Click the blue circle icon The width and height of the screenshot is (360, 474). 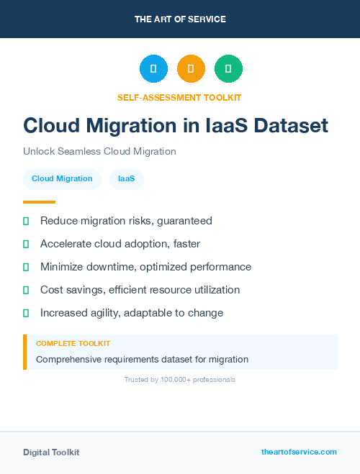[153, 69]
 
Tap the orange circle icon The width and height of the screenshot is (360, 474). [191, 69]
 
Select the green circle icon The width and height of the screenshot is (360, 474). [228, 69]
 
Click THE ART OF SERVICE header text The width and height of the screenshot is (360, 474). [180, 19]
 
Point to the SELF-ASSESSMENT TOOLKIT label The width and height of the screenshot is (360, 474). [179, 97]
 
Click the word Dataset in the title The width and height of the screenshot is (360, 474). [288, 126]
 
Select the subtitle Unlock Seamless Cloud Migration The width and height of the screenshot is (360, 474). [99, 152]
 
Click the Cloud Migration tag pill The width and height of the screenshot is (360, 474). [62, 178]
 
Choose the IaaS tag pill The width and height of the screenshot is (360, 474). [127, 178]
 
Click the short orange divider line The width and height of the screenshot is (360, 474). [39, 202]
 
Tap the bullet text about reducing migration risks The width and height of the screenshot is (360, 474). [126, 221]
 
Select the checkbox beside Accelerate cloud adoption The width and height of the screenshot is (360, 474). [26, 244]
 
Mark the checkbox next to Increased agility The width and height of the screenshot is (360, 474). [26, 313]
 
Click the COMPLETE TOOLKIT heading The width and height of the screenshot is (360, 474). [73, 344]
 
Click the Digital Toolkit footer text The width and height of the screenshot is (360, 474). [51, 452]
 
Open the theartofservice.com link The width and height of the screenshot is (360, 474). [299, 452]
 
